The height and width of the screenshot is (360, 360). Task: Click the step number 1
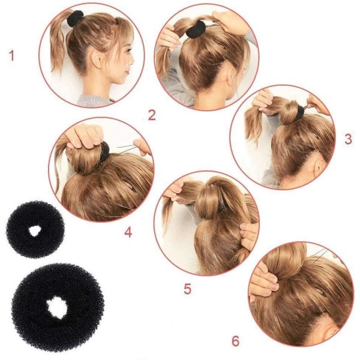click(11, 56)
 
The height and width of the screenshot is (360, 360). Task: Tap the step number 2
click(152, 115)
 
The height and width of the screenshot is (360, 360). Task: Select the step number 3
click(348, 139)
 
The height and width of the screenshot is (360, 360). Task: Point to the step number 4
click(128, 232)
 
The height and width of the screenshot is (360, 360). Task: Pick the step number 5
click(188, 289)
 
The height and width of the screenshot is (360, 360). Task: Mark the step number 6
click(235, 341)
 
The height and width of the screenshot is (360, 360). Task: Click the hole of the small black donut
click(35, 230)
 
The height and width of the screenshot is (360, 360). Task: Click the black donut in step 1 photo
click(75, 18)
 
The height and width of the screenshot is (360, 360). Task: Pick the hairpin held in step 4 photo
click(127, 148)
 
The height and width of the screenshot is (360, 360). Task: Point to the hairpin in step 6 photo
click(320, 256)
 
